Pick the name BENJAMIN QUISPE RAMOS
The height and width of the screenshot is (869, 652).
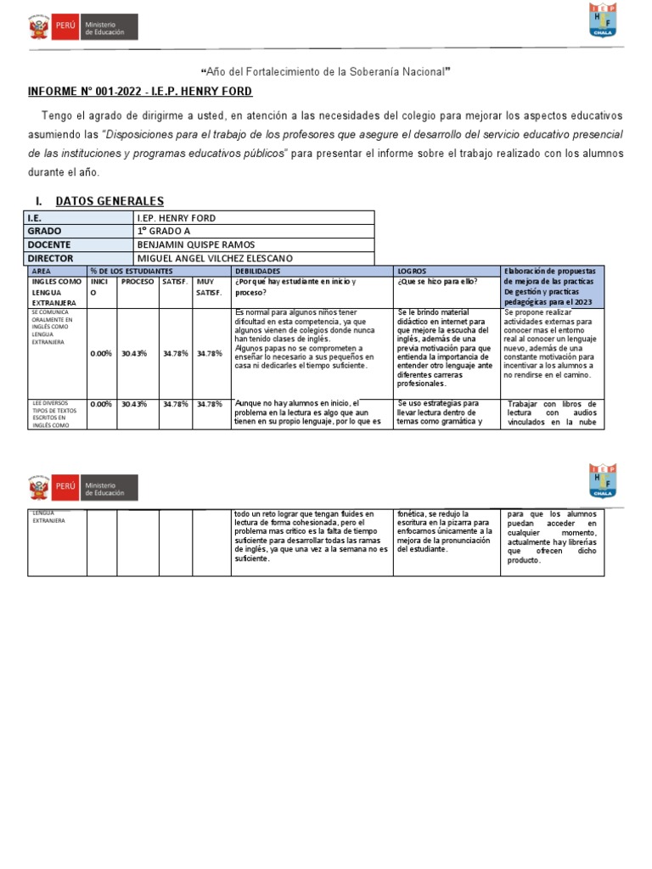coord(195,244)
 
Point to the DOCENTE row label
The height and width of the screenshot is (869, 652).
coord(51,244)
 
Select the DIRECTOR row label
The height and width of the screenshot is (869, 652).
coord(52,258)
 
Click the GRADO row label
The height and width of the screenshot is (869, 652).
coord(45,231)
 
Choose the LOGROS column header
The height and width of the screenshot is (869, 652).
coord(413,271)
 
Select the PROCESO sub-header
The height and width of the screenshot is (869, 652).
coord(138,282)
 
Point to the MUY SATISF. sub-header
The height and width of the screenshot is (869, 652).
coord(209,287)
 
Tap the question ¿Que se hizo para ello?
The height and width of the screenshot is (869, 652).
coord(437,282)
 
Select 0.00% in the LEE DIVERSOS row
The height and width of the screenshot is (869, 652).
coord(101,404)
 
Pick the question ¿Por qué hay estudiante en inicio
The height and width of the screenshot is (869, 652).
coord(295,282)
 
